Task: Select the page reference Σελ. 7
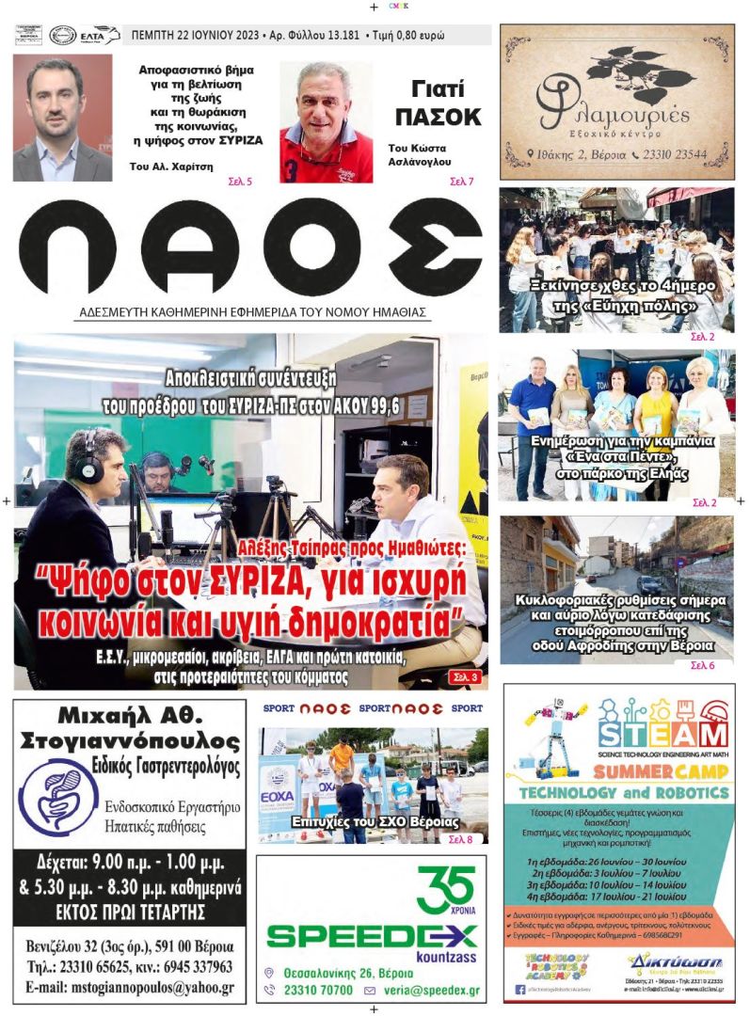pyautogui.click(x=461, y=181)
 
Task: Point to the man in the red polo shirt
pyautogui.click(x=325, y=122)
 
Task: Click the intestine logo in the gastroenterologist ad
pyautogui.click(x=57, y=797)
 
